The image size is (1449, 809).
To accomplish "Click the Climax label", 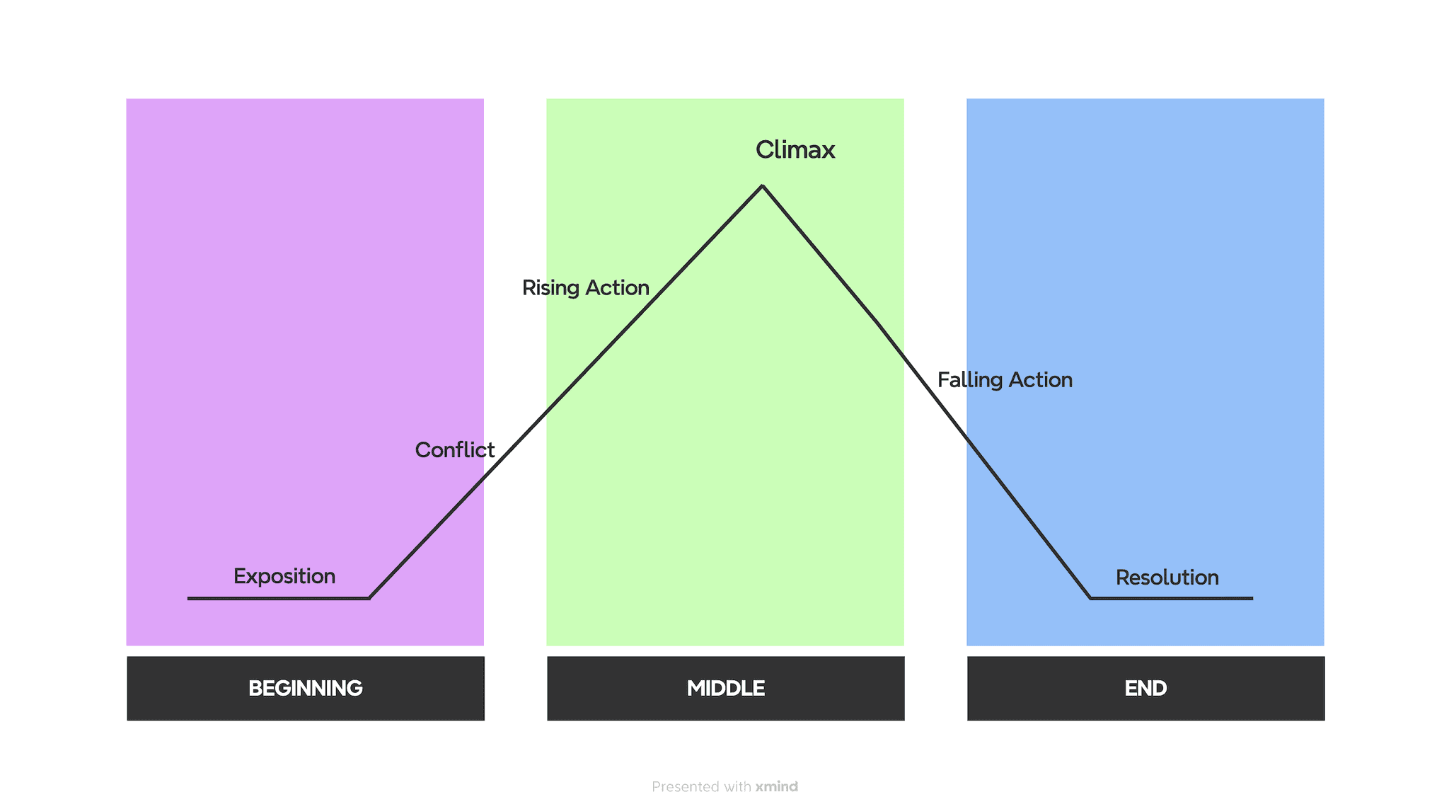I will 795,150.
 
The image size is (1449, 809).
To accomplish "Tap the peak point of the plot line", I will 762,186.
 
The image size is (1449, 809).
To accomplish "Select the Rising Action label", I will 585,288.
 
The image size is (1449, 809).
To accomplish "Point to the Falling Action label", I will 1005,380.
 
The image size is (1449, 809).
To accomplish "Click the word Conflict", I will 454,450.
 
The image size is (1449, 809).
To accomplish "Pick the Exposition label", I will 284,576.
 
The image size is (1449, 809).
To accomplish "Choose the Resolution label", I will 1167,578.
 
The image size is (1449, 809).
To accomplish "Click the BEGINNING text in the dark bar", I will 306,688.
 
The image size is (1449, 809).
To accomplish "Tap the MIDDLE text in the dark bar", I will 725,688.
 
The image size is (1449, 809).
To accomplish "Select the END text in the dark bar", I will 1145,688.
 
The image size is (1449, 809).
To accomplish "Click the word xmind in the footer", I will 776,786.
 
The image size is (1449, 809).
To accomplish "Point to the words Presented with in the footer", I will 701,786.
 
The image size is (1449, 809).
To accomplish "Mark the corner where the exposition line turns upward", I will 369,598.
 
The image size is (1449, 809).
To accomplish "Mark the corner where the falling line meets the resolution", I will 1090,598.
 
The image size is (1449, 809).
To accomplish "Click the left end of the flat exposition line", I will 189,598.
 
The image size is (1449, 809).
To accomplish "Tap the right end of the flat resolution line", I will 1252,598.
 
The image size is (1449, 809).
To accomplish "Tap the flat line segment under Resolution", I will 1171,598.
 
